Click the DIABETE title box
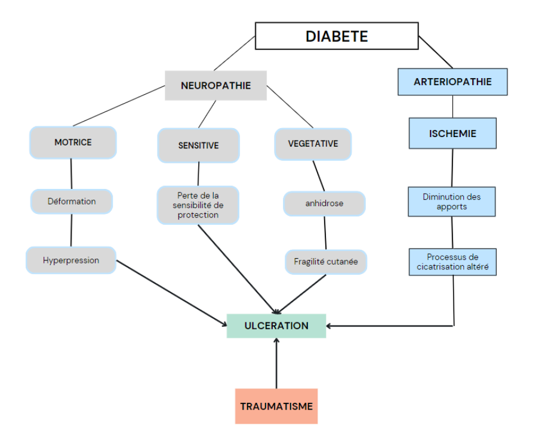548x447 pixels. (x=337, y=36)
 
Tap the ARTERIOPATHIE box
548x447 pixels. (x=452, y=82)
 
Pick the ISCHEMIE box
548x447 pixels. (x=452, y=134)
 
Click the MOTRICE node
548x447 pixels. (x=73, y=142)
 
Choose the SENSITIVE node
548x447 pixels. (x=198, y=145)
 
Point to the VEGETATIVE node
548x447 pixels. (x=313, y=144)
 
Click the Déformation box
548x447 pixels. (x=72, y=201)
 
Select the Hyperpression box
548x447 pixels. (x=71, y=260)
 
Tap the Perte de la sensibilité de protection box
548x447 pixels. (x=198, y=205)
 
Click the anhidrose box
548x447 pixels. (x=324, y=203)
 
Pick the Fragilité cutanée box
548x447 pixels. (x=326, y=261)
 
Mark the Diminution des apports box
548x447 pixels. (x=451, y=201)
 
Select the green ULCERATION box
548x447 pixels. (x=276, y=326)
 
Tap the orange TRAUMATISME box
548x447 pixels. (x=276, y=406)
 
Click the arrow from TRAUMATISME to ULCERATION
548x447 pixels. (x=276, y=364)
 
